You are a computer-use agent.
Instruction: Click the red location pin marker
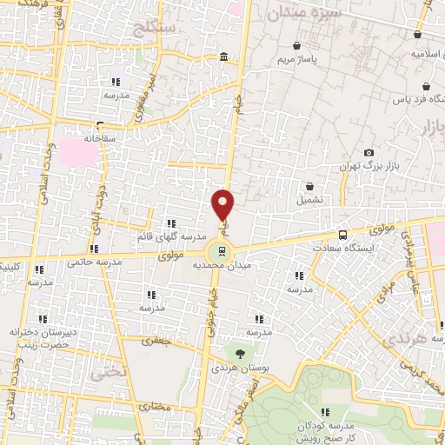[222, 205]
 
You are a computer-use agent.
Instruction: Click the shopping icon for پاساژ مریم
[298, 45]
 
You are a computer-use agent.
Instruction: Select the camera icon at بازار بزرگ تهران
[369, 153]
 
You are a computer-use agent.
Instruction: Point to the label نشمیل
[311, 199]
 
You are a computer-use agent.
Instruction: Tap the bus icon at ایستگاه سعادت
[342, 235]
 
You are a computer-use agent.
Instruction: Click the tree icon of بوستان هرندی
[237, 352]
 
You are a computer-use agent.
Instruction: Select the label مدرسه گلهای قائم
[170, 236]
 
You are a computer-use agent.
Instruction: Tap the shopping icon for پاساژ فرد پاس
[427, 88]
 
